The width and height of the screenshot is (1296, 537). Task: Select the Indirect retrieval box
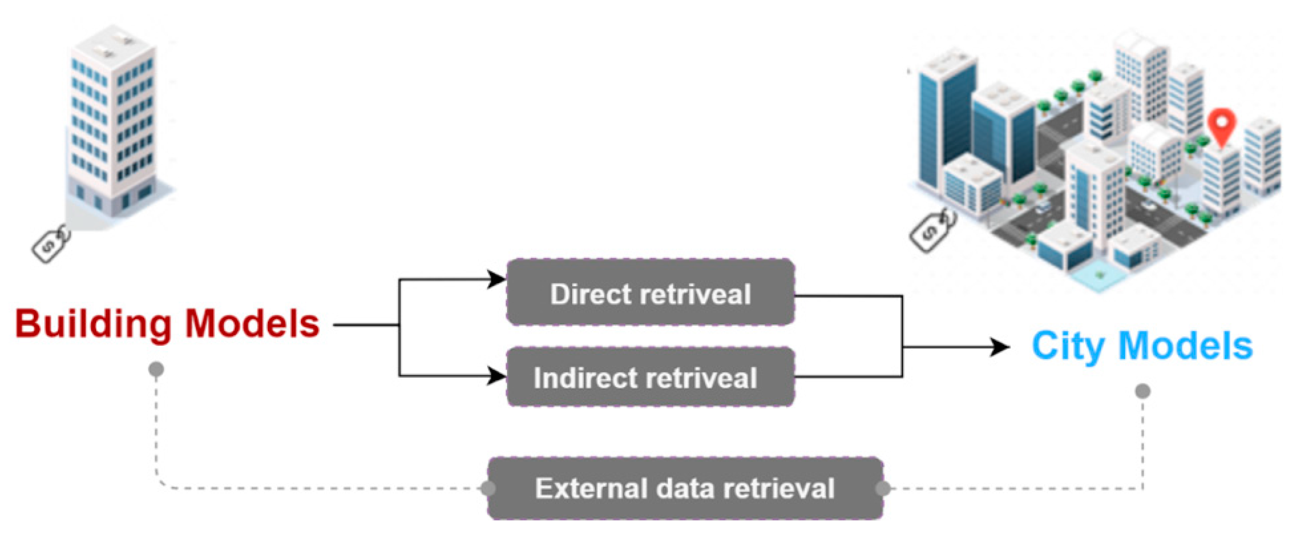pyautogui.click(x=650, y=377)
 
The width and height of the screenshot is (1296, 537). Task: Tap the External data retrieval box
pyautogui.click(x=685, y=488)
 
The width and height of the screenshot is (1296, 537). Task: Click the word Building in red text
pyautogui.click(x=93, y=324)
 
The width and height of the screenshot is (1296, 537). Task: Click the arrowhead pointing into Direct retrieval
pyautogui.click(x=497, y=279)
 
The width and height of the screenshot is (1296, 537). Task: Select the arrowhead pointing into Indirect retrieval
pyautogui.click(x=497, y=375)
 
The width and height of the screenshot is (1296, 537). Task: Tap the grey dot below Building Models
pyautogui.click(x=156, y=369)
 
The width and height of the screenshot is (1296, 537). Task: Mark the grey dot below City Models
pyautogui.click(x=1142, y=391)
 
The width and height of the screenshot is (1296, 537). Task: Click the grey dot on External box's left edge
pyautogui.click(x=488, y=488)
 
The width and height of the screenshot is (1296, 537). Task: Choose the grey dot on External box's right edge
pyautogui.click(x=883, y=488)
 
